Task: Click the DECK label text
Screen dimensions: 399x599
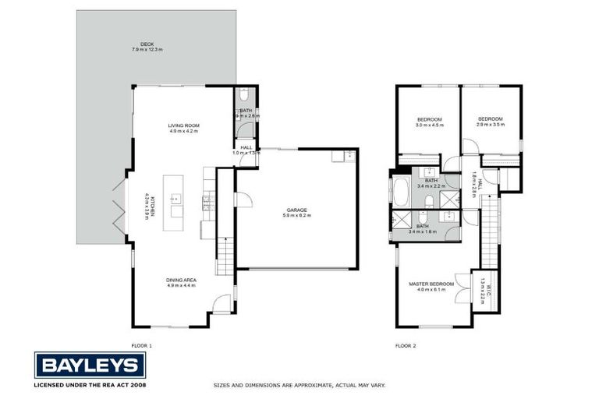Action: pos(147,44)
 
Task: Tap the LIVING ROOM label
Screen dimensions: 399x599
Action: pos(184,125)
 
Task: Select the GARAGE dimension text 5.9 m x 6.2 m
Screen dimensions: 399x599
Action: pos(296,215)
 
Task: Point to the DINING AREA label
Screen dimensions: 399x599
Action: pos(180,281)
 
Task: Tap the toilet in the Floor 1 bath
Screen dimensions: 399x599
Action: pos(246,97)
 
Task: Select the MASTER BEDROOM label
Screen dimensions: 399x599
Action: pos(431,284)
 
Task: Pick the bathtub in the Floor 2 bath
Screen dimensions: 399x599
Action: pos(401,189)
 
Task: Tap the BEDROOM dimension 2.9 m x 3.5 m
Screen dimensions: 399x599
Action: pos(490,124)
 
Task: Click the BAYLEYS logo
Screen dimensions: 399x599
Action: pos(90,365)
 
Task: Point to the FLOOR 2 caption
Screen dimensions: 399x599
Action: pos(406,344)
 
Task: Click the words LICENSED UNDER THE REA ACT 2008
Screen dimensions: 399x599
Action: pos(90,385)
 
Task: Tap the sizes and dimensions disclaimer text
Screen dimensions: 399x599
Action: pos(299,385)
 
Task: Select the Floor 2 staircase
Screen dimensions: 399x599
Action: pos(488,234)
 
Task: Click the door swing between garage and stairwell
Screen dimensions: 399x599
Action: pos(242,200)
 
